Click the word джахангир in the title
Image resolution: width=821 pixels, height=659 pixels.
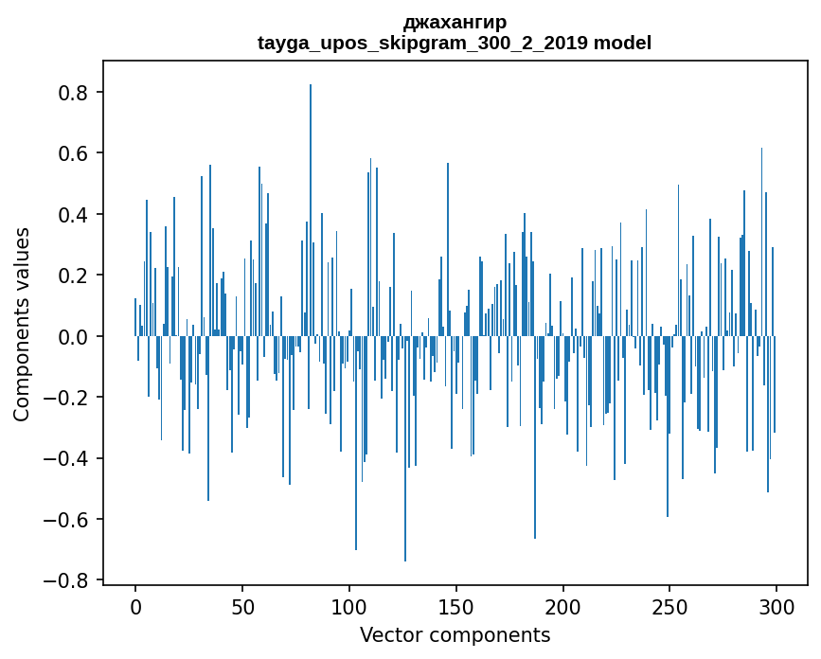[x=455, y=22]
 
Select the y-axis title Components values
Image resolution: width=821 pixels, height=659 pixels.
[x=22, y=324]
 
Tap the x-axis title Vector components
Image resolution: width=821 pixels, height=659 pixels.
[x=455, y=635]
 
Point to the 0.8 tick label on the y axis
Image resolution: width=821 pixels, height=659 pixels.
[x=74, y=93]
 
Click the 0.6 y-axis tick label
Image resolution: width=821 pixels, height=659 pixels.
[x=74, y=153]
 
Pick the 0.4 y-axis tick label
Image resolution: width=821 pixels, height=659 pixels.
[x=74, y=215]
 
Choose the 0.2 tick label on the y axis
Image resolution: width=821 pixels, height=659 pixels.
[x=74, y=276]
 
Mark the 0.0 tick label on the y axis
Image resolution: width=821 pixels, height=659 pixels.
[x=74, y=336]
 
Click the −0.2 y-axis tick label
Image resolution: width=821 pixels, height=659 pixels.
[x=68, y=398]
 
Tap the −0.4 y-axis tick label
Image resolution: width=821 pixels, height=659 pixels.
[x=68, y=458]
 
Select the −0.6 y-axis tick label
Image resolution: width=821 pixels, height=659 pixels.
[x=68, y=519]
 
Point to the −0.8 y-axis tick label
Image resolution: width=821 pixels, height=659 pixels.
[x=68, y=580]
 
